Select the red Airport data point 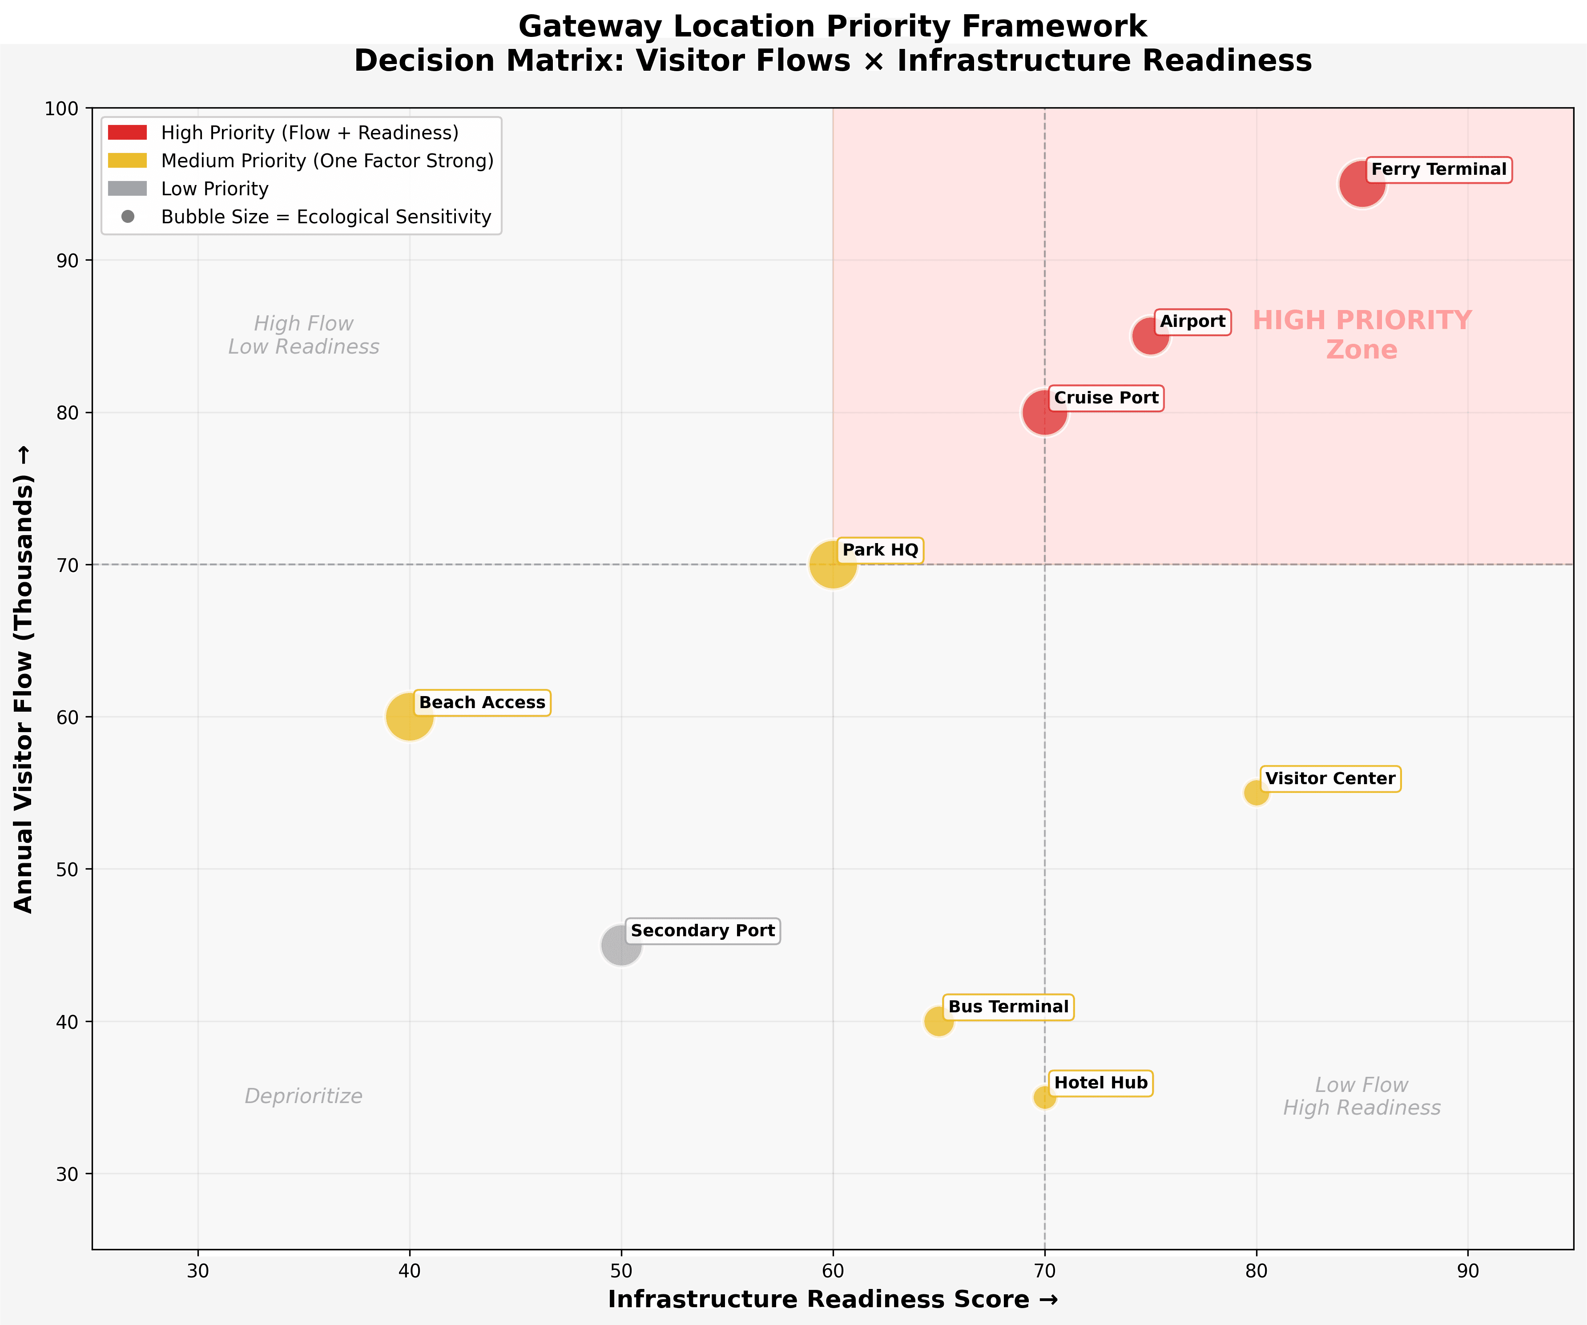pyautogui.click(x=1150, y=336)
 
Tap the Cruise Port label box pyautogui.click(x=1106, y=399)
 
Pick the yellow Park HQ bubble pyautogui.click(x=833, y=564)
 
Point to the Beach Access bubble pyautogui.click(x=410, y=717)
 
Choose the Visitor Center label pyautogui.click(x=1330, y=778)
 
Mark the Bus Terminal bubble pyautogui.click(x=939, y=1021)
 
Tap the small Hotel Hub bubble pyautogui.click(x=1044, y=1097)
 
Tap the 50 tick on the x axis pyautogui.click(x=621, y=1271)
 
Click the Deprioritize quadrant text pyautogui.click(x=304, y=1096)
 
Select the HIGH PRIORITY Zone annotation pyautogui.click(x=1362, y=335)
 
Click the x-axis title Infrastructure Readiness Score pyautogui.click(x=833, y=1299)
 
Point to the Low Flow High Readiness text pyautogui.click(x=1362, y=1096)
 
